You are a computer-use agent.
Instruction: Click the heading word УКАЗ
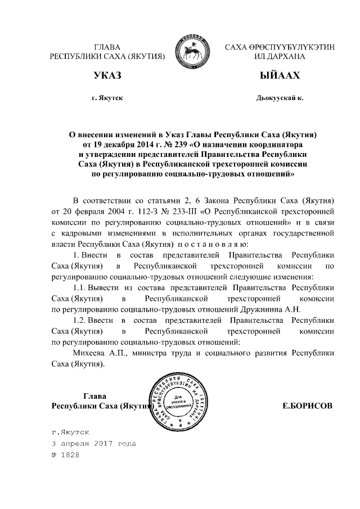point(107,75)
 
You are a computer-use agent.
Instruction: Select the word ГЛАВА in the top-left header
point(107,47)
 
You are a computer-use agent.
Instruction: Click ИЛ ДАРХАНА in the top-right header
point(280,56)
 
